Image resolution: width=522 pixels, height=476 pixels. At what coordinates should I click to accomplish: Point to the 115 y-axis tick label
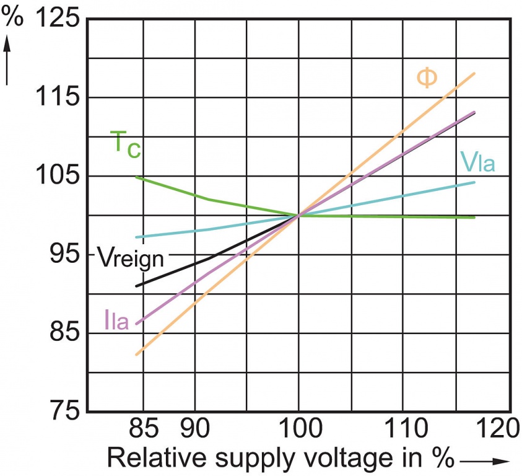pos(56,98)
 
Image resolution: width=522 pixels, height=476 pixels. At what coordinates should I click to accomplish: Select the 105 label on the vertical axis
pos(56,176)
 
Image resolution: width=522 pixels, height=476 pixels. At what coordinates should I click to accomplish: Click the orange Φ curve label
pos(426,78)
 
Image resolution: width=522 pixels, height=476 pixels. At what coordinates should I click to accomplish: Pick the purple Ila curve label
pos(116,322)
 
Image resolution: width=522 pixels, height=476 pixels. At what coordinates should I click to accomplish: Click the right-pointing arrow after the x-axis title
pos(485,460)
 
